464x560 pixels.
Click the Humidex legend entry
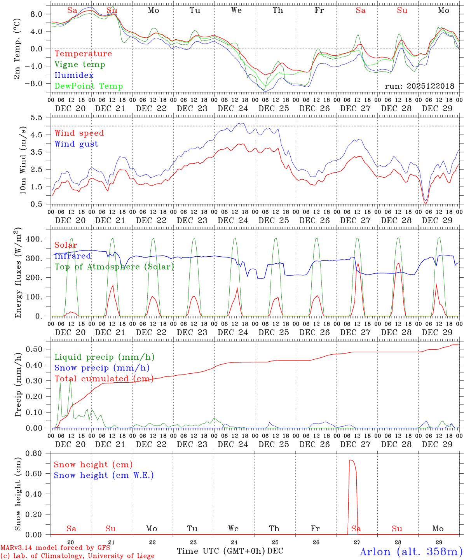(x=74, y=75)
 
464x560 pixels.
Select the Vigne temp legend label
(x=80, y=65)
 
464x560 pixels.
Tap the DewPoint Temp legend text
(x=89, y=86)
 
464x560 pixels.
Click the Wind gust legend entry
(x=76, y=144)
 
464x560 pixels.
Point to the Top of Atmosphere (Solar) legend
(x=114, y=267)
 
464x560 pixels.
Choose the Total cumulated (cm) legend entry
(x=104, y=378)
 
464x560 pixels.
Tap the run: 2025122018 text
(x=419, y=86)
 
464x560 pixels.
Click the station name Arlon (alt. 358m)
(x=411, y=551)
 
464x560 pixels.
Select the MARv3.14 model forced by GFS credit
(x=55, y=548)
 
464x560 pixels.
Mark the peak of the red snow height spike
(x=351, y=460)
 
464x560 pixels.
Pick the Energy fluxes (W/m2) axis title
(x=18, y=272)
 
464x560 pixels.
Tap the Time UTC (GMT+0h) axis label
(x=221, y=551)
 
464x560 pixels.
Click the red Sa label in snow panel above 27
(x=356, y=528)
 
